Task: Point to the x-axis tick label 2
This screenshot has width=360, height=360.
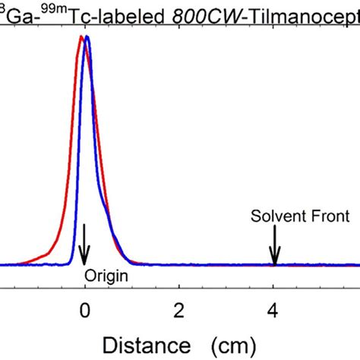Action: tap(178, 310)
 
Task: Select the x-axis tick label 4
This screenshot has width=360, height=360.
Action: tap(273, 310)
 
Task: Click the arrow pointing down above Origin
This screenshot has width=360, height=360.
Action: tap(84, 243)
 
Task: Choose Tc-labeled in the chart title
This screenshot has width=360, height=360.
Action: tap(98, 15)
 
